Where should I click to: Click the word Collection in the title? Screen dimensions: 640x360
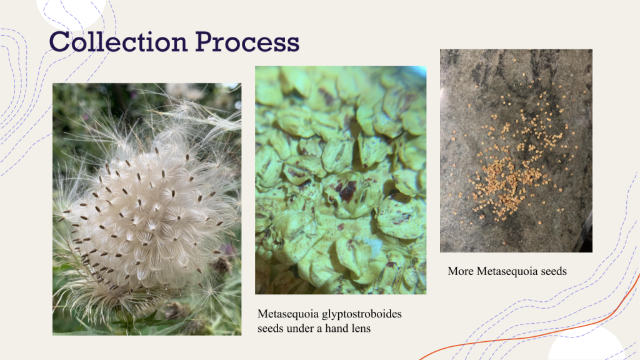[x=118, y=42]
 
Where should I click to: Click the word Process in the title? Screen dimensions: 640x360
[x=247, y=42]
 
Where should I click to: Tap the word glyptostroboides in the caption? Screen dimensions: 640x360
[x=362, y=314]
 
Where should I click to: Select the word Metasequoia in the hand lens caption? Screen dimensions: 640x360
[x=288, y=314]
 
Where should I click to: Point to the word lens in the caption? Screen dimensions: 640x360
[x=359, y=328]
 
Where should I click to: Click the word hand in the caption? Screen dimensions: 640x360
[x=335, y=328]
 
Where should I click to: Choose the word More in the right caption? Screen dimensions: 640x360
[x=461, y=271]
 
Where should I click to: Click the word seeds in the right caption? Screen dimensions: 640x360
[x=554, y=271]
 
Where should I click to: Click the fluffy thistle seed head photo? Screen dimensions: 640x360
[x=147, y=209]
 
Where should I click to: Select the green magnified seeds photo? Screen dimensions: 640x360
[x=341, y=180]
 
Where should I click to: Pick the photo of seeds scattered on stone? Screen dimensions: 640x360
[x=516, y=151]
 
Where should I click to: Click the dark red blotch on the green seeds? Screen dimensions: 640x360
[x=347, y=191]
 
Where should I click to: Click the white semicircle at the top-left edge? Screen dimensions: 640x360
[x=71, y=12]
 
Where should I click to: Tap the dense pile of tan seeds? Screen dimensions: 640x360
[x=506, y=179]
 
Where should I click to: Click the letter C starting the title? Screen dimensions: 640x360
[x=59, y=42]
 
